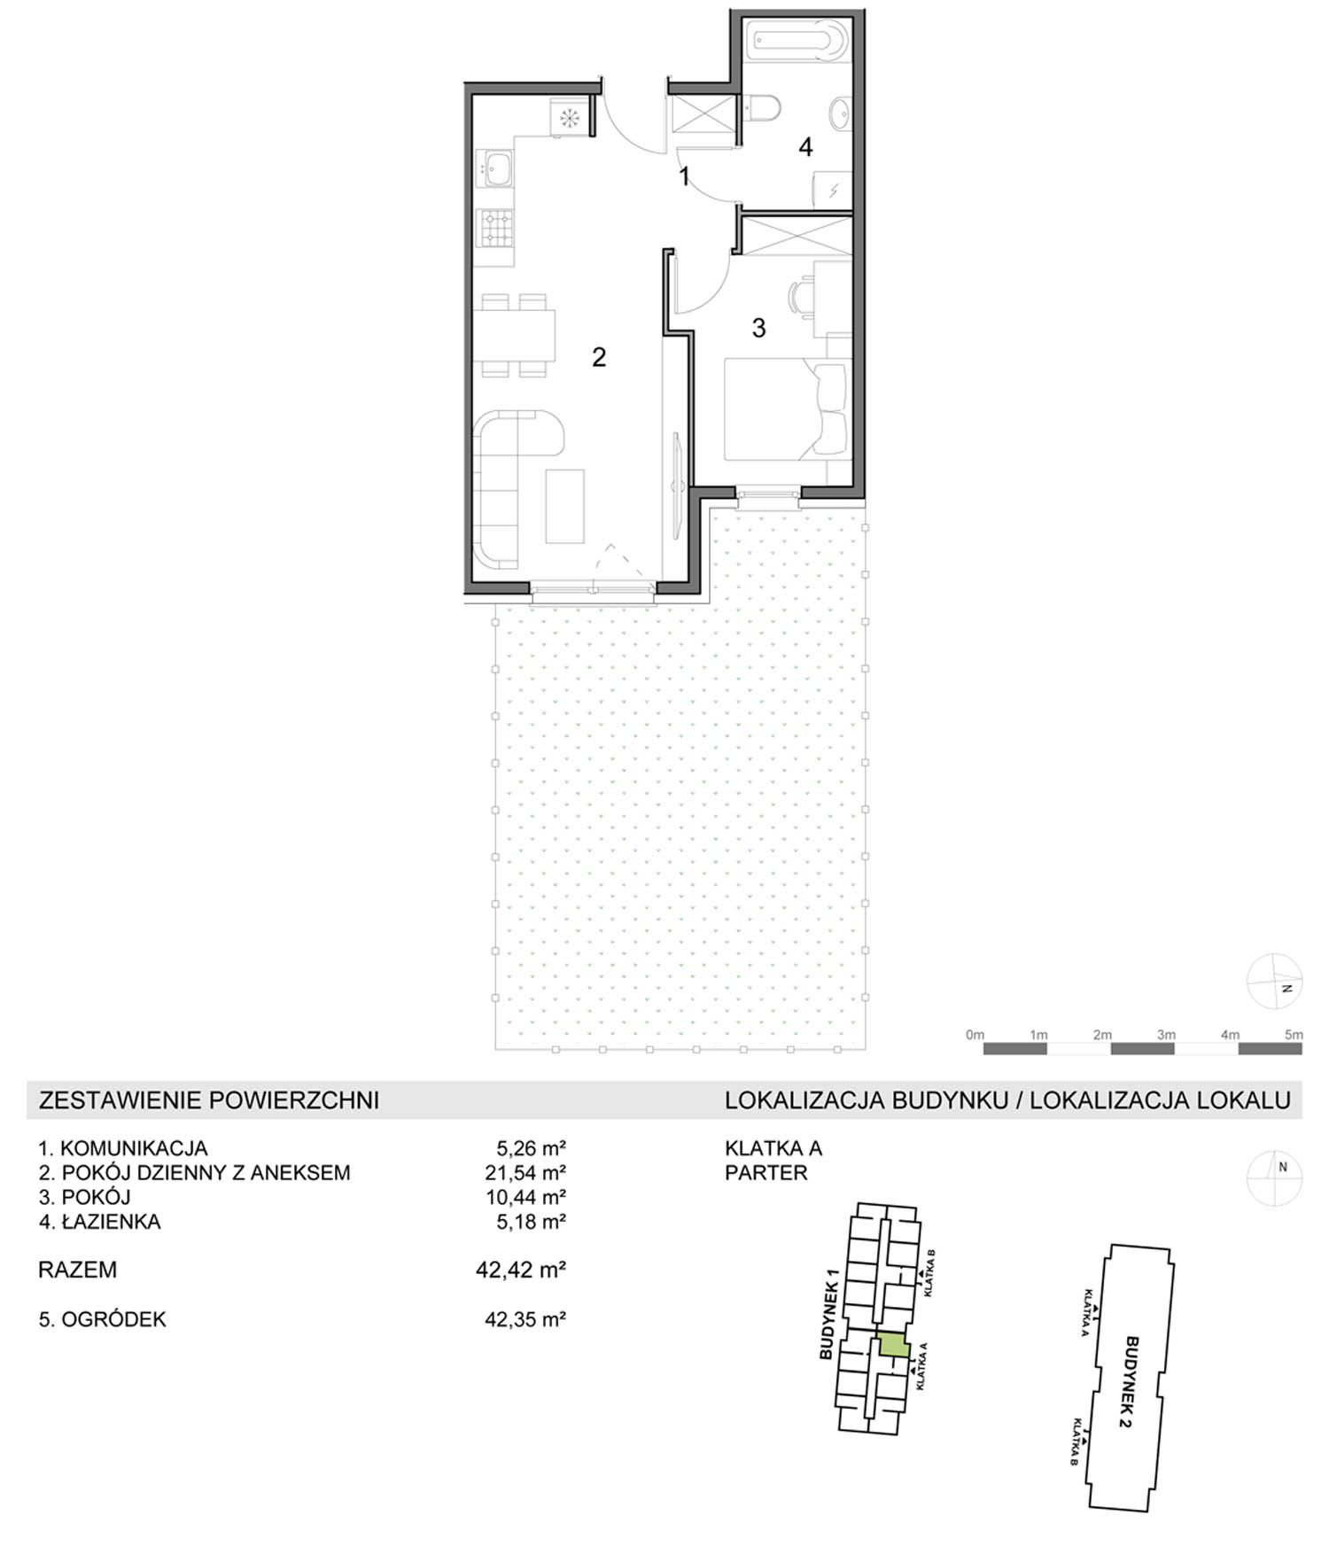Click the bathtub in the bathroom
coord(797,40)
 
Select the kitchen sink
coord(494,168)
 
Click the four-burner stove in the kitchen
coord(495,227)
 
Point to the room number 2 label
coord(599,357)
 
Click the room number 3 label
coord(758,328)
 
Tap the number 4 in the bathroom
coord(805,146)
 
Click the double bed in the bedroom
coord(786,408)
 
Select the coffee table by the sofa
coord(564,506)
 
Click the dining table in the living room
coord(514,335)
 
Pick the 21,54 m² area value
coord(531,1173)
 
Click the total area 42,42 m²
coord(521,1270)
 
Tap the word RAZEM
coord(78,1270)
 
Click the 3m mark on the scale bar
coord(1166,1034)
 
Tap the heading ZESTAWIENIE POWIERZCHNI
coord(209,1100)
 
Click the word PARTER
coord(766,1173)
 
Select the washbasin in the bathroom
coord(840,113)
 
